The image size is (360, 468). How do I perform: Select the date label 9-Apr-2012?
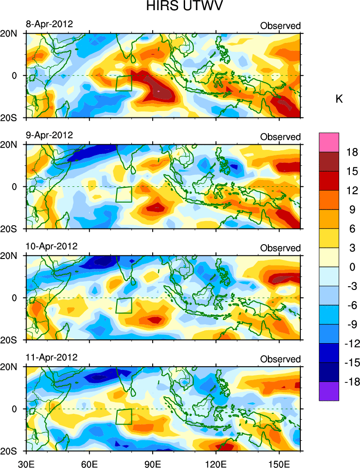49,135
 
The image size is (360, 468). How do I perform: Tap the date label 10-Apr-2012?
51,246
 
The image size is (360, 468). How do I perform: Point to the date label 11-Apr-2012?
51,357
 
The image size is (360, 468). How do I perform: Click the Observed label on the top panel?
280,26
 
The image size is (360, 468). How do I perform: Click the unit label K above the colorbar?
339,99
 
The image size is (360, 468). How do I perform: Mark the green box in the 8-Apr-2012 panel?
124,83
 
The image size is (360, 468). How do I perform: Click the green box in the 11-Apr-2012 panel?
124,416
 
